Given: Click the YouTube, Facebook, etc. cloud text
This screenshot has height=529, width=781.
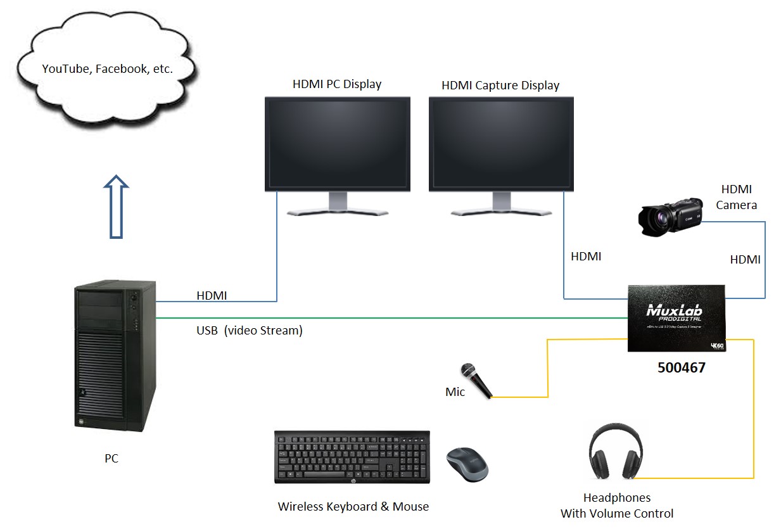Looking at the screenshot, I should (107, 69).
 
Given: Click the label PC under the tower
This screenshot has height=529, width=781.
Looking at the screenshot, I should (111, 459).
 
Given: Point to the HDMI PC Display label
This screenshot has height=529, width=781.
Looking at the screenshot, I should (336, 84).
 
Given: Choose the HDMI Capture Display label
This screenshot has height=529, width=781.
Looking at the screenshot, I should (500, 85).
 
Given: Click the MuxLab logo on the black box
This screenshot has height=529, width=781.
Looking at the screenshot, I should (674, 312).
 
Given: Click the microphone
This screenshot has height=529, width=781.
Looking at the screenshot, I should (476, 379).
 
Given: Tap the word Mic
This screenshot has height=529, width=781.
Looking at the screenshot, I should (455, 392).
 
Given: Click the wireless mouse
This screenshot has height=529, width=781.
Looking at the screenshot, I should (467, 463).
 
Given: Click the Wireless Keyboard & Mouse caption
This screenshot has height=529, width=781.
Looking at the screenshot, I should (353, 507).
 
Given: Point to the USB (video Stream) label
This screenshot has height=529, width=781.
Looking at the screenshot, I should (249, 330).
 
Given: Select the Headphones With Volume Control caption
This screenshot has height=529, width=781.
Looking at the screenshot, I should (616, 506).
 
